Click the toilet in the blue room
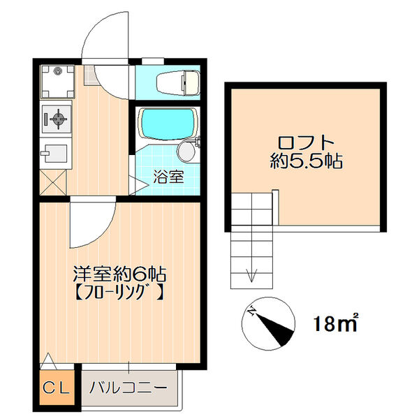(178, 82)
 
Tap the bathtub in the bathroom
(168, 124)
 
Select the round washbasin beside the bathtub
(186, 151)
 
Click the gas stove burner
(58, 118)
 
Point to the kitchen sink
(56, 153)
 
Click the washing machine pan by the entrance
(57, 82)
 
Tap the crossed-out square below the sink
(52, 182)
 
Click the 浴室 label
(168, 177)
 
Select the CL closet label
(57, 388)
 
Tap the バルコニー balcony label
(128, 388)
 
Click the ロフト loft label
(306, 143)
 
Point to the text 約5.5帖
(307, 161)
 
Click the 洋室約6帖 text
(120, 274)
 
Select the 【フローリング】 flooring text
(120, 292)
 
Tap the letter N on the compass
(251, 311)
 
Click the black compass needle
(275, 329)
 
